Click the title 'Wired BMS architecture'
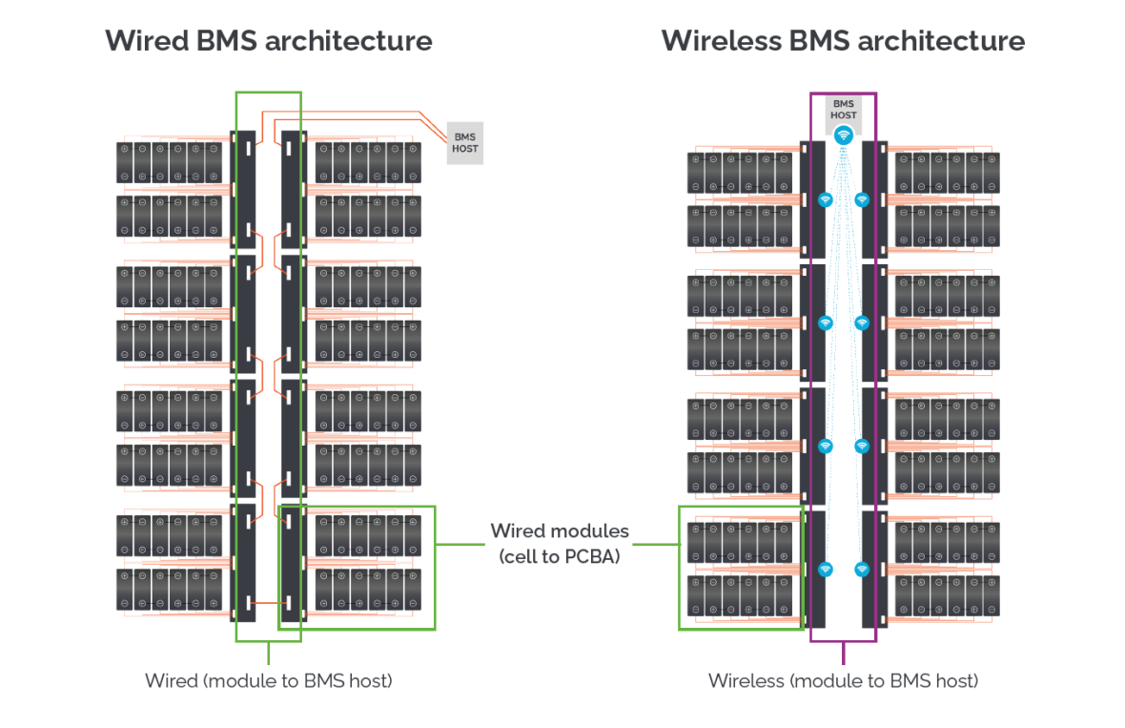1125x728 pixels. (x=268, y=41)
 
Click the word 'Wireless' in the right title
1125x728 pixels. (x=724, y=41)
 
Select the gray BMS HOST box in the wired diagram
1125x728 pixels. (x=465, y=143)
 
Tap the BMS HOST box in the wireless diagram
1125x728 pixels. (x=843, y=109)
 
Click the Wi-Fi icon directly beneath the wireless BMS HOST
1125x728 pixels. (x=843, y=135)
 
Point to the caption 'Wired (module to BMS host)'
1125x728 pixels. (x=268, y=680)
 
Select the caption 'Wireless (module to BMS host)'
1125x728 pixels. (x=843, y=680)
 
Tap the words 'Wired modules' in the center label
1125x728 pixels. (x=560, y=530)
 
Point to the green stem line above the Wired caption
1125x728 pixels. (x=268, y=654)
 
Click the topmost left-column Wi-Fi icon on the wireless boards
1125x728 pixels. (x=826, y=199)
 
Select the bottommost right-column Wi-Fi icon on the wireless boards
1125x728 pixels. (x=862, y=569)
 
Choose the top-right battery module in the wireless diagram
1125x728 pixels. (x=947, y=173)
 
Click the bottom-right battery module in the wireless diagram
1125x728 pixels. (x=947, y=595)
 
